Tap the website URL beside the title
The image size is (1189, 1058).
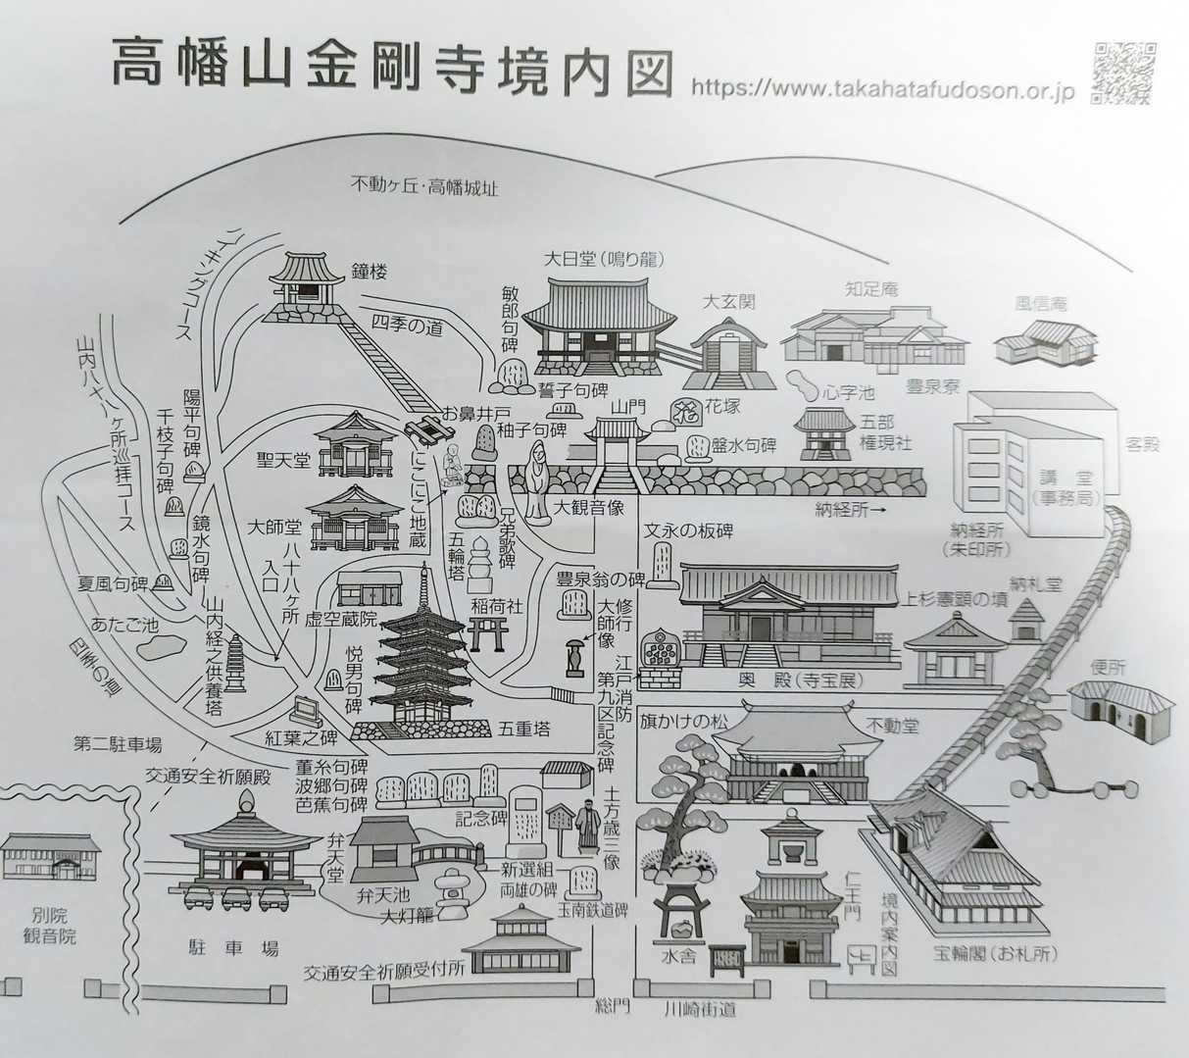(x=883, y=89)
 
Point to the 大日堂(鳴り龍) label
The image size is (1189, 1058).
(x=604, y=260)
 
